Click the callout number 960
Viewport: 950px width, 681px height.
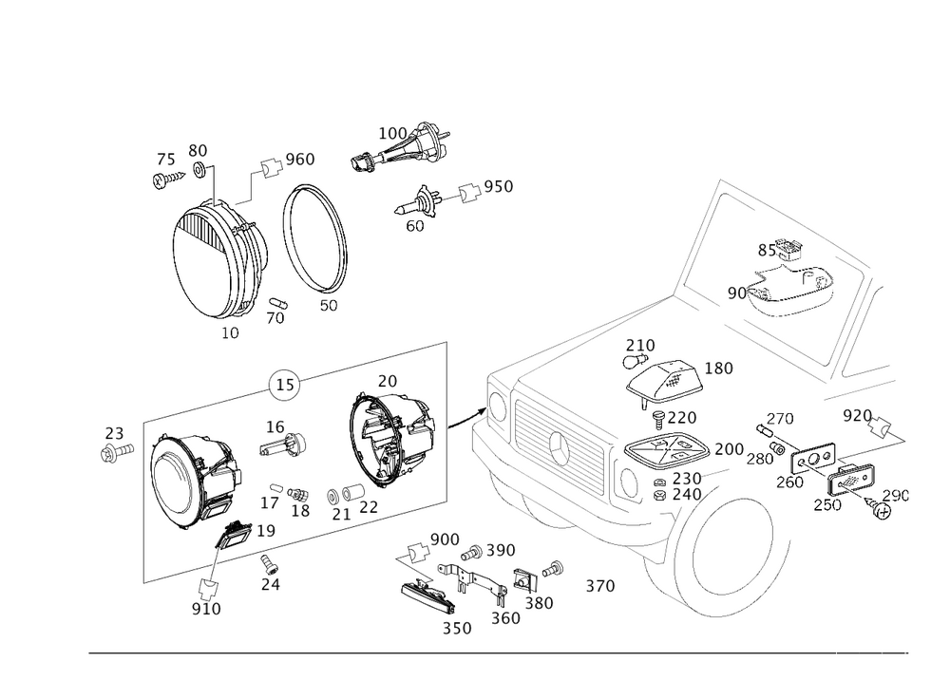pyautogui.click(x=300, y=159)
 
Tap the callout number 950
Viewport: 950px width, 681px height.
pyautogui.click(x=499, y=187)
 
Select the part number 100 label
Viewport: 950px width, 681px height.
pyautogui.click(x=391, y=132)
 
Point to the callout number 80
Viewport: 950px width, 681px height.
pyautogui.click(x=198, y=151)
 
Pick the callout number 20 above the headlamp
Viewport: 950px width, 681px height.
pyautogui.click(x=387, y=381)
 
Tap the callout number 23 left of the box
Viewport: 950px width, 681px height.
pyautogui.click(x=114, y=435)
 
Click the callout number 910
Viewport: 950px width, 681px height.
pyautogui.click(x=206, y=608)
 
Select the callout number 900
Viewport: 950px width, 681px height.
pyautogui.click(x=445, y=539)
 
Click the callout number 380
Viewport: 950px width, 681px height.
pyautogui.click(x=540, y=602)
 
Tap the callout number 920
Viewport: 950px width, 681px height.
pyautogui.click(x=856, y=415)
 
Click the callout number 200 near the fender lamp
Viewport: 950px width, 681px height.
pyautogui.click(x=729, y=448)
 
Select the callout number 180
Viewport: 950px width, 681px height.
pyautogui.click(x=719, y=369)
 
